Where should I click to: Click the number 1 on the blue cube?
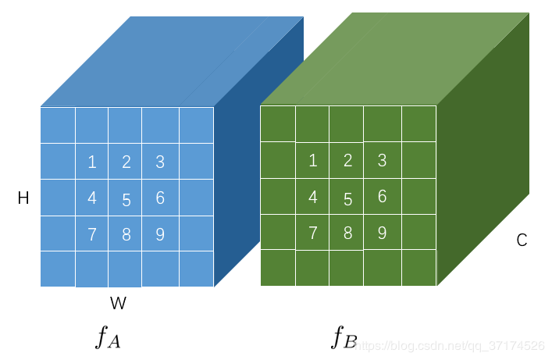point(92,162)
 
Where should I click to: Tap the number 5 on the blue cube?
point(126,200)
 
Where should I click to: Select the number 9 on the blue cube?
point(160,233)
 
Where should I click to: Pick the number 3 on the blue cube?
point(160,162)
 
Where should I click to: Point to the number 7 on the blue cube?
point(92,233)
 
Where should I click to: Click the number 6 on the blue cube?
point(160,198)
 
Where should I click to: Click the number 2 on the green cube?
point(347,161)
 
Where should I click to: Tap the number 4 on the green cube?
point(313,197)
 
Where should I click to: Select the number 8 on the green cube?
point(347,233)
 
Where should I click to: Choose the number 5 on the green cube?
point(347,199)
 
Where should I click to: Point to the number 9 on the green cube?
point(382,232)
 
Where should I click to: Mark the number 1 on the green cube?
point(313,161)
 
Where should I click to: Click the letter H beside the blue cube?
point(23,199)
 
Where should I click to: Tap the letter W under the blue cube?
point(118,302)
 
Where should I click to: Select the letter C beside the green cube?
point(522,241)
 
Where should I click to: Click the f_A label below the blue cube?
point(108,337)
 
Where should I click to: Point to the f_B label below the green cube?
point(344,337)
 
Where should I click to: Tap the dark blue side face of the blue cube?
point(238,172)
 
